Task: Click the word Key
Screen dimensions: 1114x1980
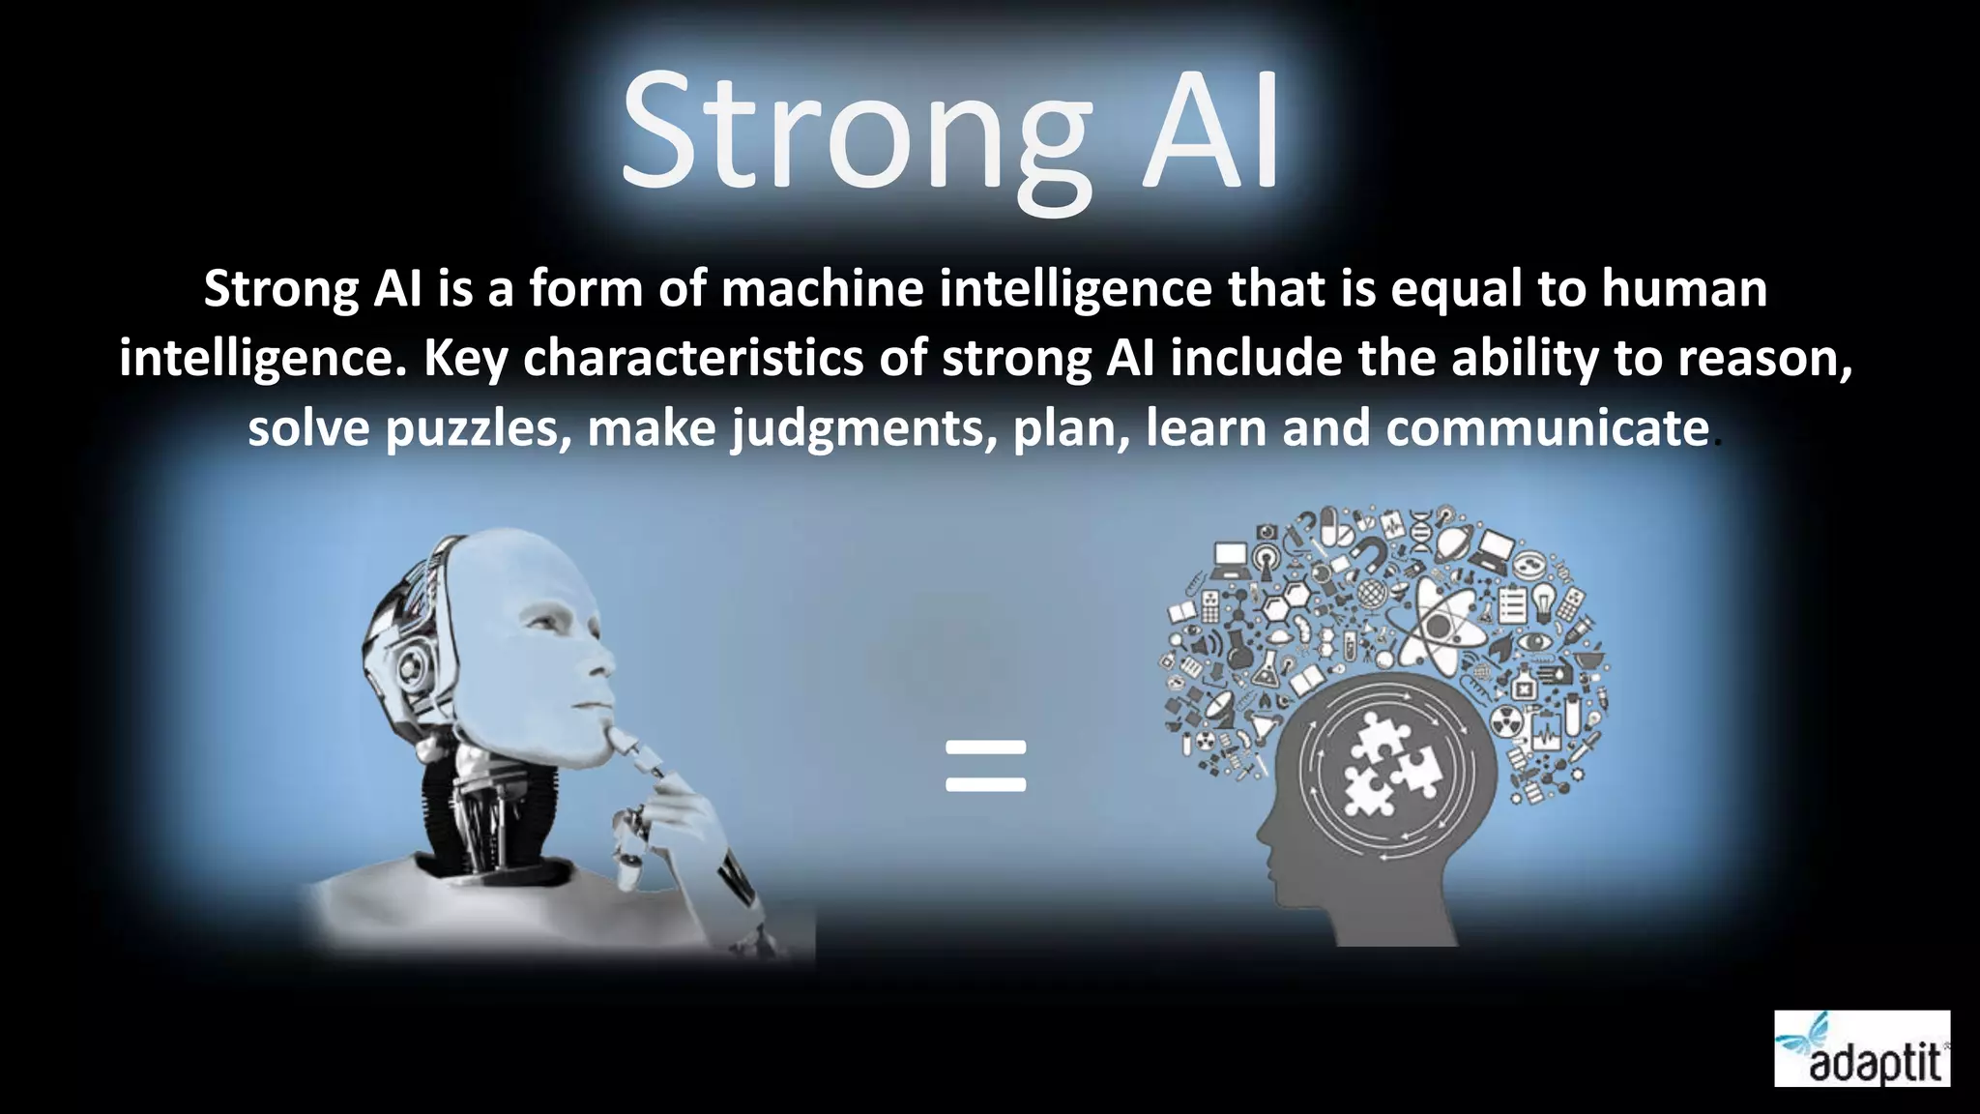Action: [x=465, y=359]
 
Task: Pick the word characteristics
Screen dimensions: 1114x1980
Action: [x=693, y=359]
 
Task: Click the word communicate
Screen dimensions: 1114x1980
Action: [x=1547, y=428]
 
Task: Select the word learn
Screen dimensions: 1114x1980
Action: [x=1206, y=428]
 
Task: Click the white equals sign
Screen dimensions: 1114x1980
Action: [x=985, y=766]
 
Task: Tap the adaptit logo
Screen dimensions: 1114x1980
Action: [x=1862, y=1048]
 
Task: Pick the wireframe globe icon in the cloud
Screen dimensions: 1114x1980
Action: [x=1370, y=592]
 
